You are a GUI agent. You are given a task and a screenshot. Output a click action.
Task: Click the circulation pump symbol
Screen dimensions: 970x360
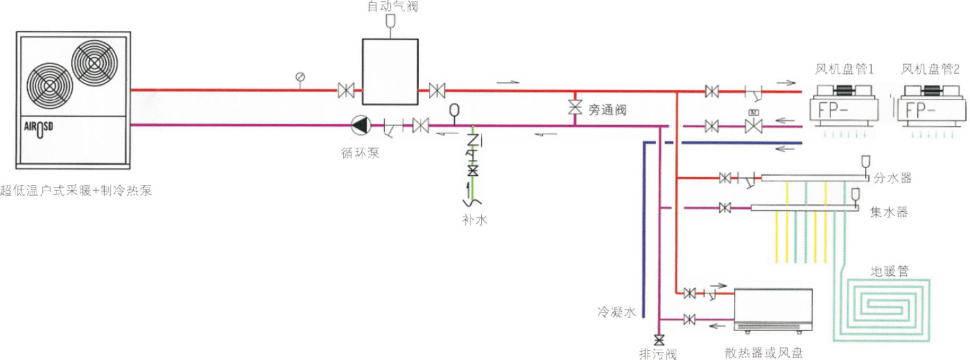click(361, 125)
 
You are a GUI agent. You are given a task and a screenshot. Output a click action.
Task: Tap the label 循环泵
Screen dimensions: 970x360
click(361, 153)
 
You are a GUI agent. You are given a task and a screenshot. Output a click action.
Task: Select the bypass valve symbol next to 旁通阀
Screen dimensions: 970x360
click(575, 108)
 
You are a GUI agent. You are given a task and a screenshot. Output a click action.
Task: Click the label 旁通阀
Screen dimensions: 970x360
click(607, 110)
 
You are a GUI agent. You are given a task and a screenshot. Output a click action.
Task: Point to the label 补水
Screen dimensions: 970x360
click(475, 220)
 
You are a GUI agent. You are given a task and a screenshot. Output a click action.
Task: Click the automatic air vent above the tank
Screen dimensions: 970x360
click(390, 21)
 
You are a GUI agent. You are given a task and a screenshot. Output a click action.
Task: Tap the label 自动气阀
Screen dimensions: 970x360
click(392, 6)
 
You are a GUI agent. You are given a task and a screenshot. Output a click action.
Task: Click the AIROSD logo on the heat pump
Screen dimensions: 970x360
click(39, 128)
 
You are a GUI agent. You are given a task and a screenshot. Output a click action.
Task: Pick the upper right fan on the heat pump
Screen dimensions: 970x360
click(94, 63)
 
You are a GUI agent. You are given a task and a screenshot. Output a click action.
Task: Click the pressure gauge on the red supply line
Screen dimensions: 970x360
click(300, 78)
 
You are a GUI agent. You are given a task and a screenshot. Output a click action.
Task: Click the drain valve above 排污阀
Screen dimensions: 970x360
click(659, 340)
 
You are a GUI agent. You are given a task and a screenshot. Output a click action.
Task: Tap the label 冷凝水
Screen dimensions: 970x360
click(616, 312)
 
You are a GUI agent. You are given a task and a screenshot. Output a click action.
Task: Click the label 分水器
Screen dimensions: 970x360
click(892, 178)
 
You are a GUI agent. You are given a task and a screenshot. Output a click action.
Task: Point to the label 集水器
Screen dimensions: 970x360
click(889, 212)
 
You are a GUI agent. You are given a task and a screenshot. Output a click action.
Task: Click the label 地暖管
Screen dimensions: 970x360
click(890, 271)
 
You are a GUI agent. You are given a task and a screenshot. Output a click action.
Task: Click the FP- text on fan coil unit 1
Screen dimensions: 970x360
click(834, 111)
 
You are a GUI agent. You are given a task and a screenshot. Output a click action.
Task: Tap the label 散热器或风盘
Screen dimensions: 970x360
click(763, 353)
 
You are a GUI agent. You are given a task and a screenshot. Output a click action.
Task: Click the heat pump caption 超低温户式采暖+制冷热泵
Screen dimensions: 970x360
click(76, 191)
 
